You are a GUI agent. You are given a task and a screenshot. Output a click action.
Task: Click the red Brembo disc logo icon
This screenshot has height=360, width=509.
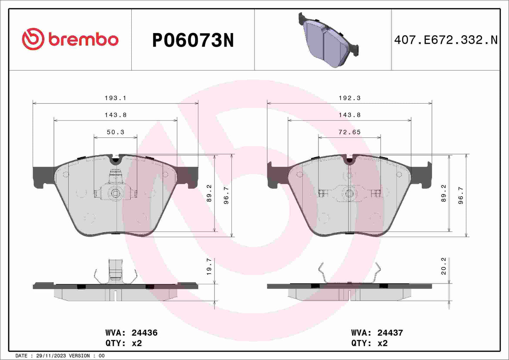point(33,39)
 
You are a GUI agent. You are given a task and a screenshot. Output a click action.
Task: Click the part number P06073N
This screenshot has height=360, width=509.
point(193,40)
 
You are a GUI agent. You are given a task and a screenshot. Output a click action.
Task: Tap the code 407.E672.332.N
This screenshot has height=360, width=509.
point(446,40)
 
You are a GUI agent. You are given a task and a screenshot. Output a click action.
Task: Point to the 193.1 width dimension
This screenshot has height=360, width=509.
point(115,98)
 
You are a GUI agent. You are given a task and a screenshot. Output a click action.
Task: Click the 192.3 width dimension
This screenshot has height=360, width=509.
point(349,98)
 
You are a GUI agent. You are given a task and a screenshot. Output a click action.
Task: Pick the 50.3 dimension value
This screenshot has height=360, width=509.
point(115,132)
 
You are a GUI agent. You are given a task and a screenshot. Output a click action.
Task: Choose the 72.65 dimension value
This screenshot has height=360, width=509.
point(349,132)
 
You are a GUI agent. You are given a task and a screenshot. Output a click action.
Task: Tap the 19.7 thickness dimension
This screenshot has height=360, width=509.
point(209,266)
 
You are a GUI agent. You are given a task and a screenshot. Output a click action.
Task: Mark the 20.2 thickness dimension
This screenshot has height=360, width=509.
point(443,266)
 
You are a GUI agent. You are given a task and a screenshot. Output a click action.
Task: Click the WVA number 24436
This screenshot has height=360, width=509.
point(144,333)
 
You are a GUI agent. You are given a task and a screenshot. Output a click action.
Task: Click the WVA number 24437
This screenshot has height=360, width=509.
point(390,333)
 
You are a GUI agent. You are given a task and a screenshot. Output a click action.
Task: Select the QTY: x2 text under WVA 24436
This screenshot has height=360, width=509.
point(123,343)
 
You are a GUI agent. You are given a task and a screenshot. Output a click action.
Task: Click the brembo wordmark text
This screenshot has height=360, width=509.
point(83,40)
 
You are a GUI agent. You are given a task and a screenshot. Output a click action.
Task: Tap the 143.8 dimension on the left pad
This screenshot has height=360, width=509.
point(115,115)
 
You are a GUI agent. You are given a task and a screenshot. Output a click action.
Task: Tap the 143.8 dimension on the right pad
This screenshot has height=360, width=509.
point(349,115)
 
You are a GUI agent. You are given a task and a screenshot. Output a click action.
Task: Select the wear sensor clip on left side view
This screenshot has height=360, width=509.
point(116,271)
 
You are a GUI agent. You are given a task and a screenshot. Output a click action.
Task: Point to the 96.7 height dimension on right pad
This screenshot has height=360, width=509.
point(460,195)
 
